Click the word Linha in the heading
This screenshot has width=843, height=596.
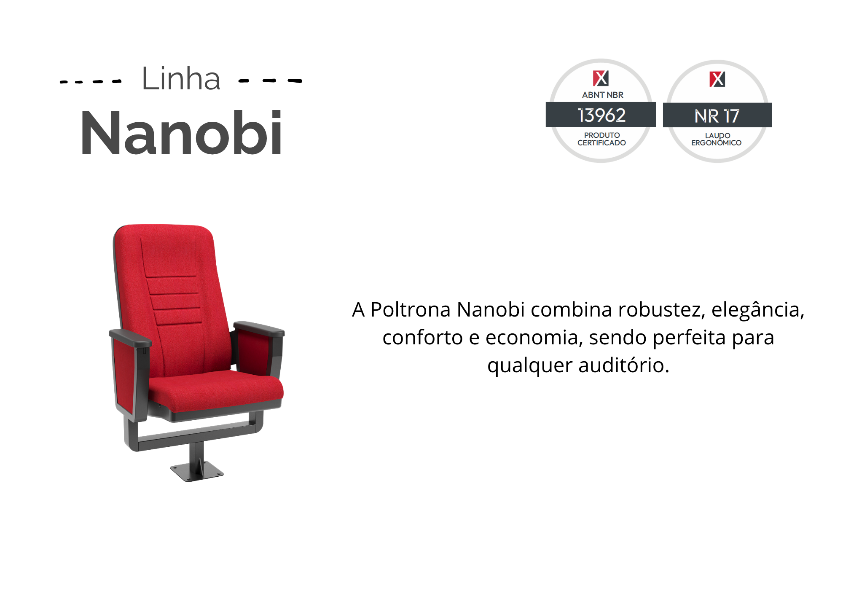181,78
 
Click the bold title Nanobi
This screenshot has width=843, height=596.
181,133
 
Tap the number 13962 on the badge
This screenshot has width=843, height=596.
601,115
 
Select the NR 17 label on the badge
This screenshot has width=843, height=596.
717,116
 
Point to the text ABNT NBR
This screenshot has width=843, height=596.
603,95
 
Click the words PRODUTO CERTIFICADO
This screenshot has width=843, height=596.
601,139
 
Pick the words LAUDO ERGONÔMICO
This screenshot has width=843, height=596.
717,139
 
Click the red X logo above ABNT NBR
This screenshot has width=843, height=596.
601,78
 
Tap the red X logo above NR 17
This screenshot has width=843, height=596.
717,79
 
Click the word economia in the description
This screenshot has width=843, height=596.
534,338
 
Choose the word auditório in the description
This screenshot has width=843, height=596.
623,365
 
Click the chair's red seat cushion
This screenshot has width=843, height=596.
215,390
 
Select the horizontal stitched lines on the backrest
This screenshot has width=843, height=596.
174,300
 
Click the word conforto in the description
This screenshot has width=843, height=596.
422,338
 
